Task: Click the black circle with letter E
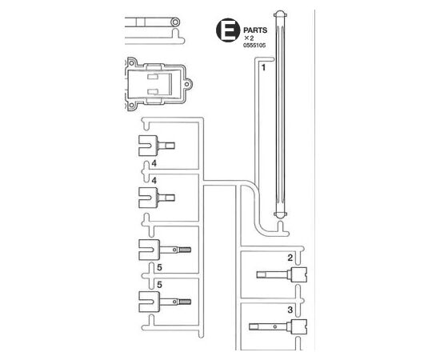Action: tap(228, 30)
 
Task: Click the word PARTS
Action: tap(255, 30)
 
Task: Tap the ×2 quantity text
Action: tap(249, 38)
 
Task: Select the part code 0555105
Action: tap(254, 45)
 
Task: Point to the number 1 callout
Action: tap(263, 67)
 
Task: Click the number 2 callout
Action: tap(290, 258)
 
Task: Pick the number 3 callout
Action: tap(290, 310)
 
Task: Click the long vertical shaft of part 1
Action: tap(280, 114)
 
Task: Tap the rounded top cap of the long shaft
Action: tap(280, 14)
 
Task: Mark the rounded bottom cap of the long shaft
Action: tap(280, 214)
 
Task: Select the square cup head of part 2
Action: tap(299, 274)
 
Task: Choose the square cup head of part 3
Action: tap(299, 326)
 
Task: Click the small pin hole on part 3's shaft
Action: tap(275, 326)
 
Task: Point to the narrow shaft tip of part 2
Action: tap(262, 274)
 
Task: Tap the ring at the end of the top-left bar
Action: tap(175, 22)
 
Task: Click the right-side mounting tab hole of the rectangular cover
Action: tap(187, 84)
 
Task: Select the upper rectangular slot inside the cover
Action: tap(153, 76)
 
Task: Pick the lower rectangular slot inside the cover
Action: tap(153, 91)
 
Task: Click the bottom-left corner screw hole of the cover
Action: tap(132, 106)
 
